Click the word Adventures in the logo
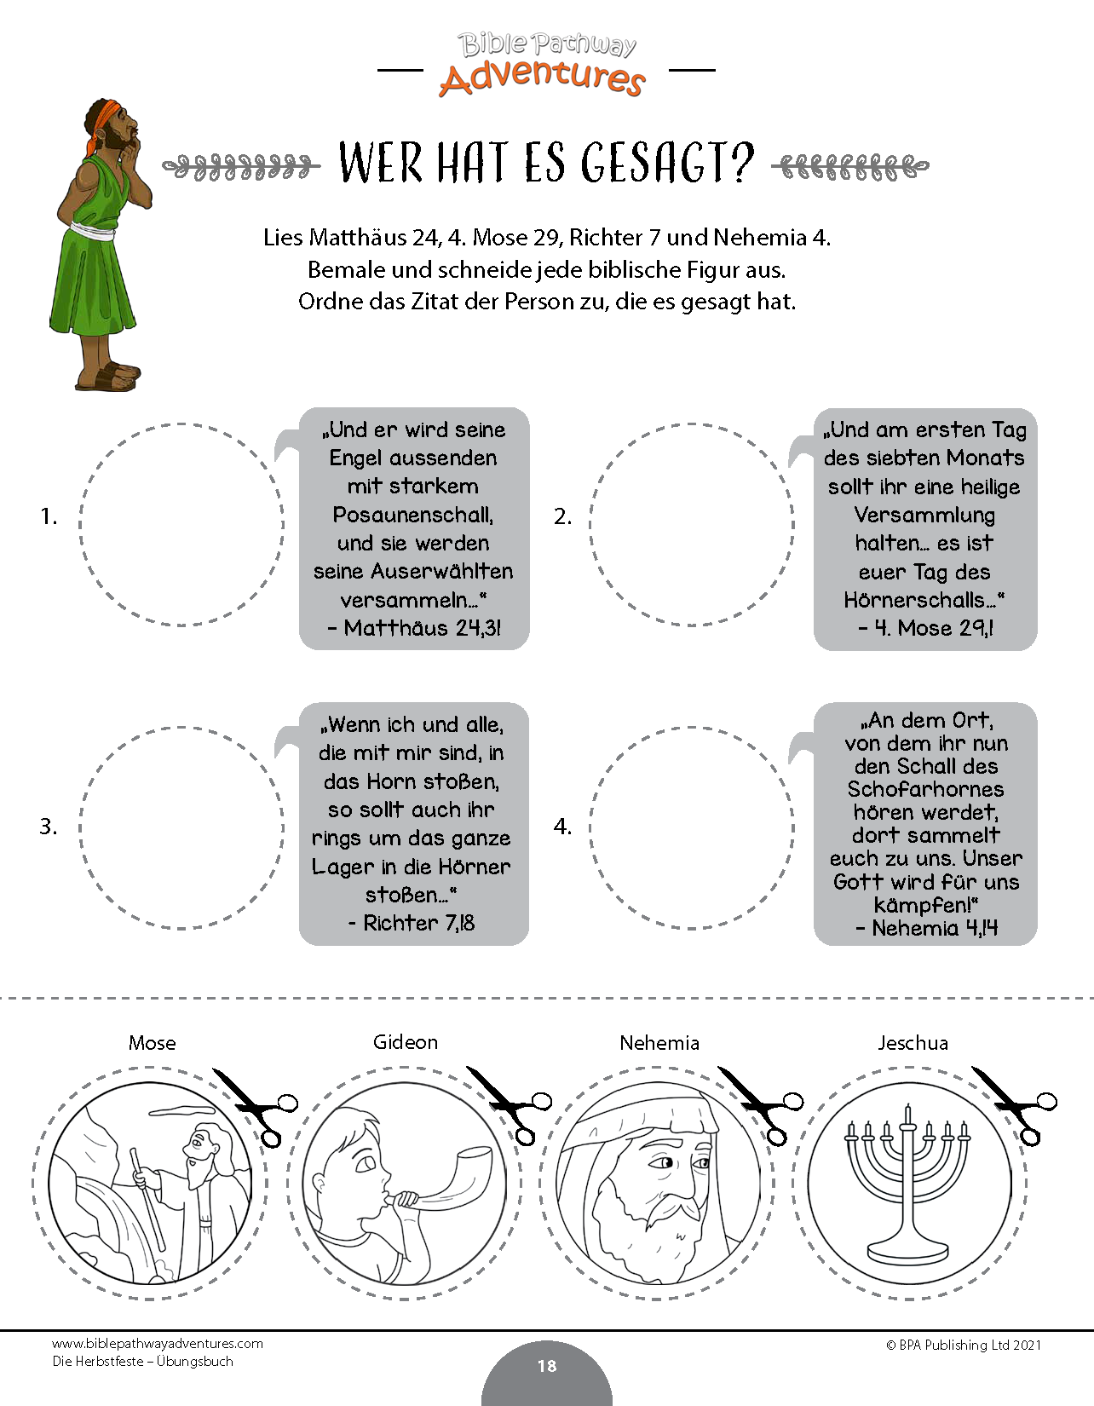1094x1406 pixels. point(542,78)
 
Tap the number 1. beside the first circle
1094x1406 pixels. point(49,516)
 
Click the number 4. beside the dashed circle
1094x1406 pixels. point(563,827)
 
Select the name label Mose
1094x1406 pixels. point(152,1043)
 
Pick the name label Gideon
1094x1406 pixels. point(406,1042)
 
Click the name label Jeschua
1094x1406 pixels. point(913,1044)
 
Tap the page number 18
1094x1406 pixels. point(547,1365)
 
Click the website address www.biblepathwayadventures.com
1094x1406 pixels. point(158,1344)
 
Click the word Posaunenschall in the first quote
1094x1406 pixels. point(412,515)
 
